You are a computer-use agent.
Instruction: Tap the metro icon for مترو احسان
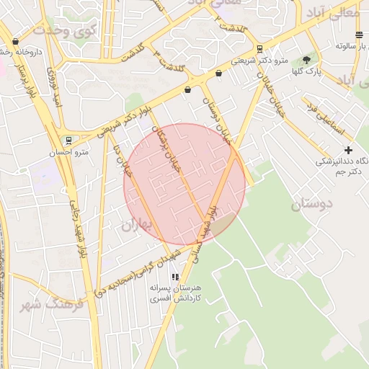pyautogui.click(x=68, y=141)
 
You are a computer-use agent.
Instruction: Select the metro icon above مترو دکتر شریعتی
pyautogui.click(x=259, y=50)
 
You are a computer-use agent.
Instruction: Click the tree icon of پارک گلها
pyautogui.click(x=307, y=60)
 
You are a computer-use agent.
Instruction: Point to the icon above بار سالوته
pyautogui.click(x=359, y=35)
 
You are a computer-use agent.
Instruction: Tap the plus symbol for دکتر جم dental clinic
pyautogui.click(x=349, y=150)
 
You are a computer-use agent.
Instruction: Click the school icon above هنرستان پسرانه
pyautogui.click(x=174, y=277)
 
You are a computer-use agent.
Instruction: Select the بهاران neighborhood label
pyautogui.click(x=138, y=225)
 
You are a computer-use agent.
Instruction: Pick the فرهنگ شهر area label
pyautogui.click(x=52, y=303)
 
